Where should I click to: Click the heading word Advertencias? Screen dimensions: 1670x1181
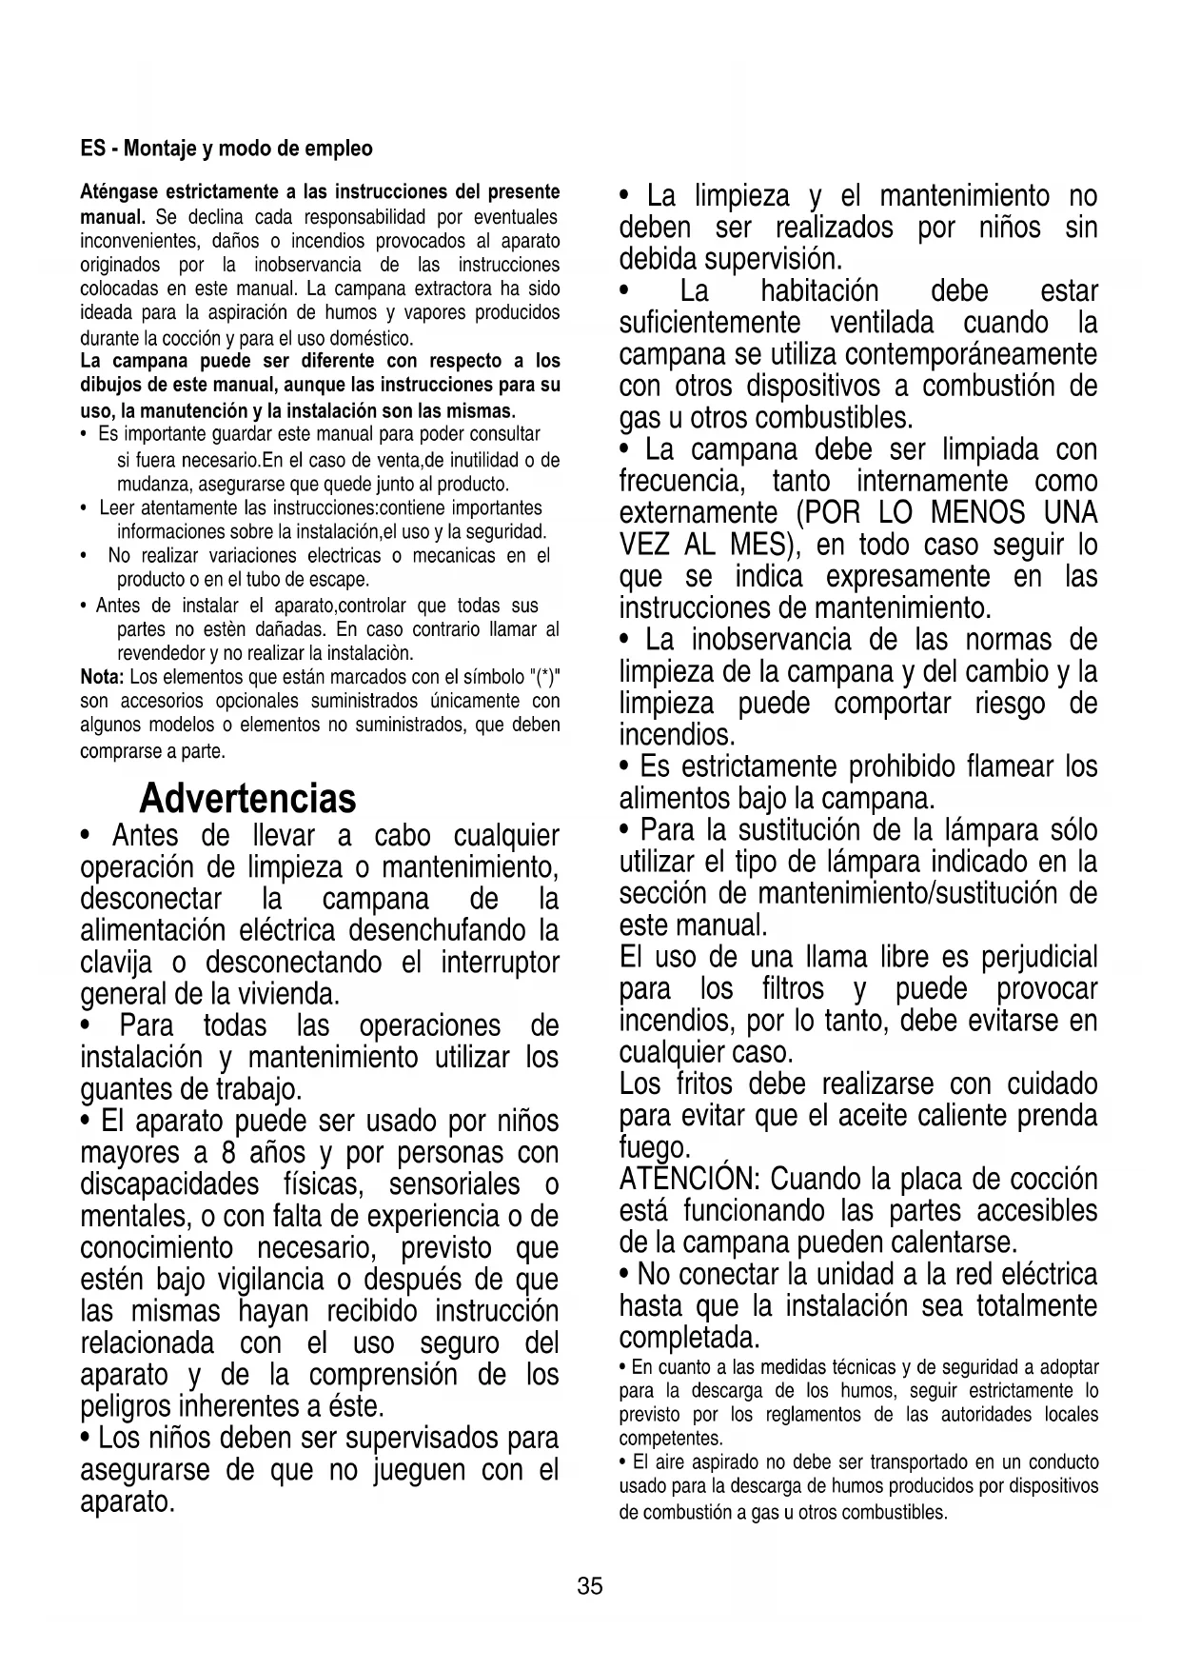coord(247,798)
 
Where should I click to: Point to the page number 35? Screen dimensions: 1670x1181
coord(590,1586)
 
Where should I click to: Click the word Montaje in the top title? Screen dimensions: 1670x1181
coord(158,149)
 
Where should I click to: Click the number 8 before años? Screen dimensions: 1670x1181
coord(227,1153)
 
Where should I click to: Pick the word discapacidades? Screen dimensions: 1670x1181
coord(169,1184)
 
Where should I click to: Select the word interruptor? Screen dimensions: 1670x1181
coord(500,962)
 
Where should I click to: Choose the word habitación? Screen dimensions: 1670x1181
coord(819,291)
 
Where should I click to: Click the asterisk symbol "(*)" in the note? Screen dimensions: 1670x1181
coord(544,677)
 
